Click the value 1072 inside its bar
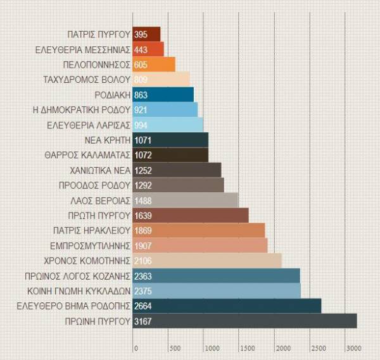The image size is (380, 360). point(144,155)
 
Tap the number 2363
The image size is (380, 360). point(144,276)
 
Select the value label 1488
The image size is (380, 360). point(144,201)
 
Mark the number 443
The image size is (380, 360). point(141,49)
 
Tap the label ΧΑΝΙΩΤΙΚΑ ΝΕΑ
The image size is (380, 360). point(99,170)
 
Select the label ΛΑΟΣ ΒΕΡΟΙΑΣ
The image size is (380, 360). point(101,201)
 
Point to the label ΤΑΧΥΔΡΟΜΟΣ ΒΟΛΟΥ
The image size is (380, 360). point(86,80)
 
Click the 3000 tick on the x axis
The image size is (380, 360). point(353,348)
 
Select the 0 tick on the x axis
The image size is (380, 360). point(135,348)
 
